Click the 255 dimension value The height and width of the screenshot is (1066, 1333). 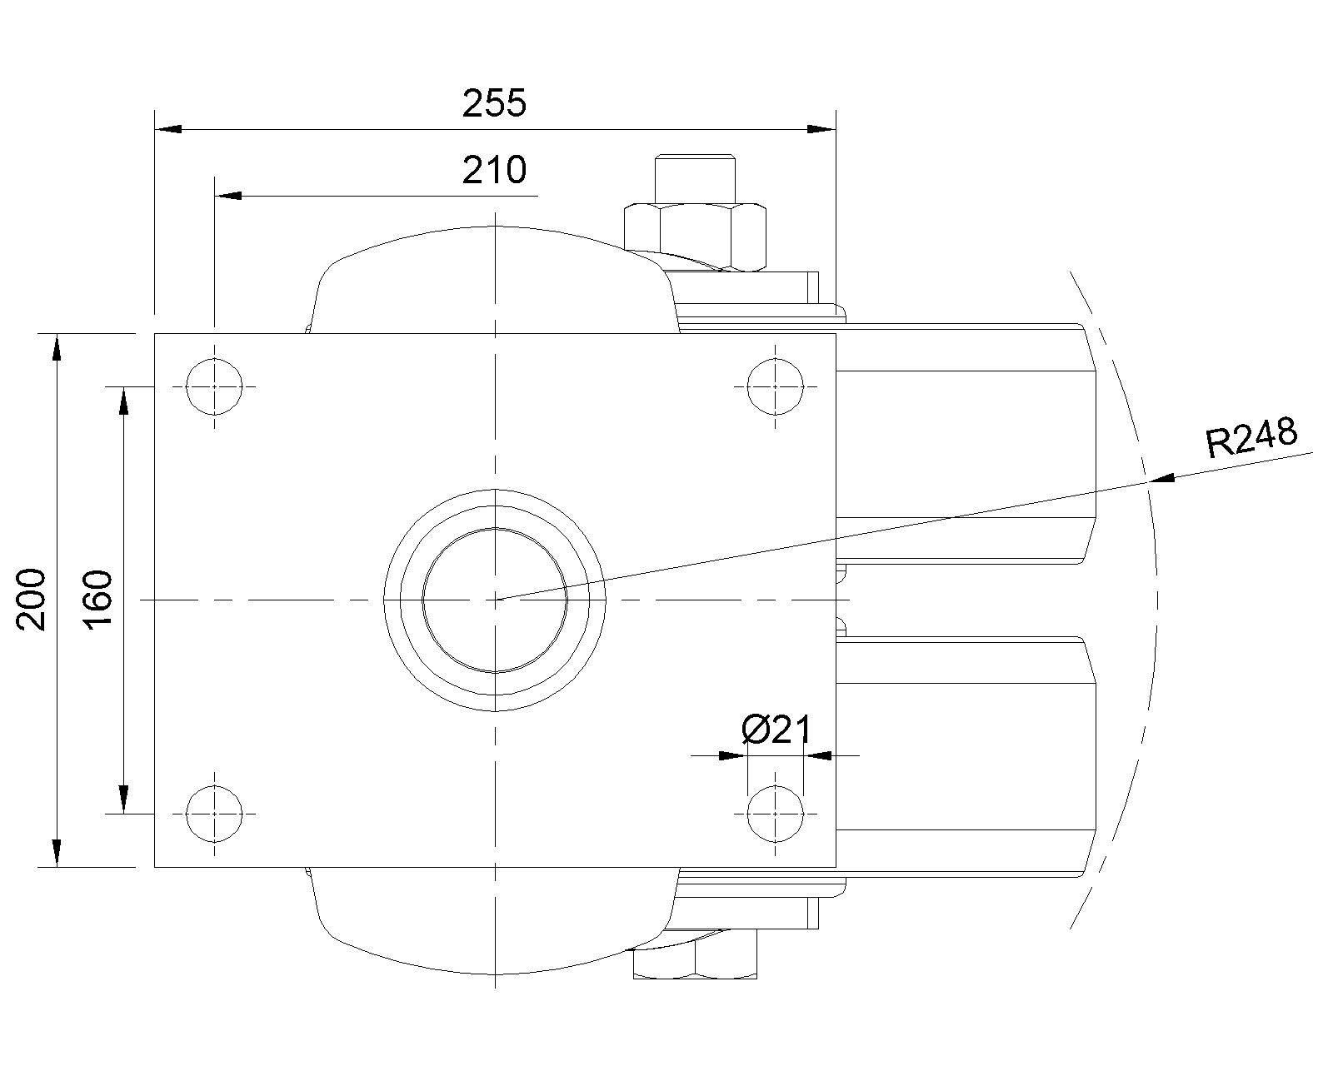[494, 102]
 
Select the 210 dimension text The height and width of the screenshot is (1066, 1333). [494, 170]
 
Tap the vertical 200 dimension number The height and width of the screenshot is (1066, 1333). [31, 600]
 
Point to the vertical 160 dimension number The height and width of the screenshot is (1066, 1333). [97, 600]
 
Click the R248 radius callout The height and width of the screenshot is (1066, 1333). [1252, 436]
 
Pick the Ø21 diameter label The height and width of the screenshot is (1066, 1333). [776, 730]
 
